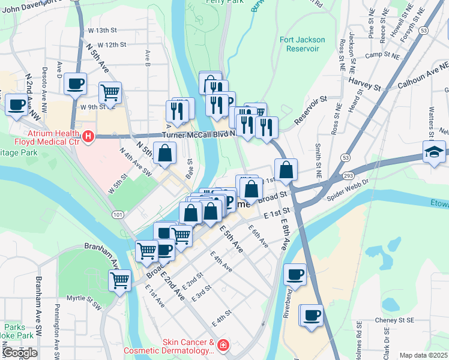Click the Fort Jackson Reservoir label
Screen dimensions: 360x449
pyautogui.click(x=303, y=44)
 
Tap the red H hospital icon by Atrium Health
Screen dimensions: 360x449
pyautogui.click(x=89, y=137)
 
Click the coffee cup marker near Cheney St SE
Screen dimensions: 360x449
pyautogui.click(x=311, y=316)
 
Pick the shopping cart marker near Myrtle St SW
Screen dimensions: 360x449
pyautogui.click(x=120, y=279)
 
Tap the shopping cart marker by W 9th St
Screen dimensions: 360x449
pyautogui.click(x=110, y=93)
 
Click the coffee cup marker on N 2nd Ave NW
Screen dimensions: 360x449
pyautogui.click(x=16, y=106)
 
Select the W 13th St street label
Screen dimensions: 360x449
pyautogui.click(x=102, y=30)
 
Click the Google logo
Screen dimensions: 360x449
pyautogui.click(x=20, y=352)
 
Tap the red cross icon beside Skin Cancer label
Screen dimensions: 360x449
pyautogui.click(x=223, y=346)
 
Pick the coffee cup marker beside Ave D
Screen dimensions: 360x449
pyautogui.click(x=76, y=84)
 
